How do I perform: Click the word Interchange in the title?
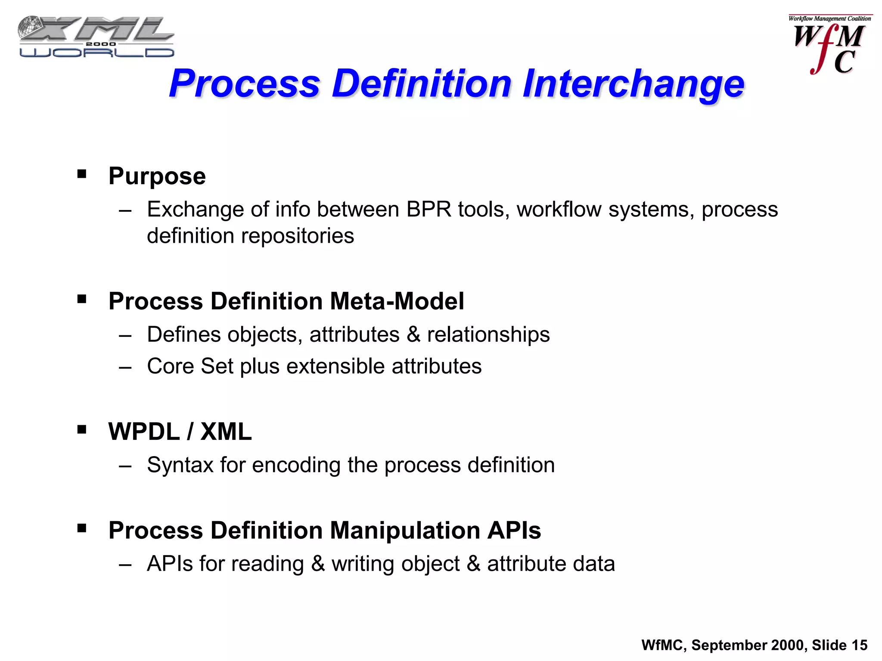click(x=633, y=83)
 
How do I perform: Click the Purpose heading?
click(x=157, y=176)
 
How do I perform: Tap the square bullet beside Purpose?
click(x=82, y=174)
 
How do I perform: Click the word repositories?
click(x=298, y=236)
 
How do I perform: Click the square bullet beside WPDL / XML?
click(x=82, y=429)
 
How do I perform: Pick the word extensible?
click(x=335, y=367)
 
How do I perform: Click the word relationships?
click(x=488, y=335)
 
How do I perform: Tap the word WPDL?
click(x=144, y=432)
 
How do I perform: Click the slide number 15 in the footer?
click(x=859, y=645)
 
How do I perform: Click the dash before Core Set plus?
click(x=125, y=368)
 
